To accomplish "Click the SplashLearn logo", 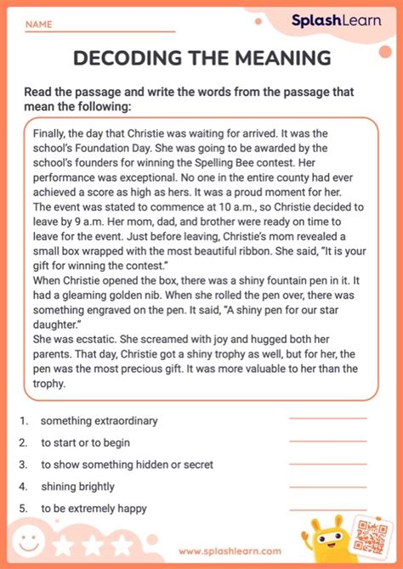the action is click(337, 20).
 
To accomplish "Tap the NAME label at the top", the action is click(38, 25).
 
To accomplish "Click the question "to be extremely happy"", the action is click(94, 508).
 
